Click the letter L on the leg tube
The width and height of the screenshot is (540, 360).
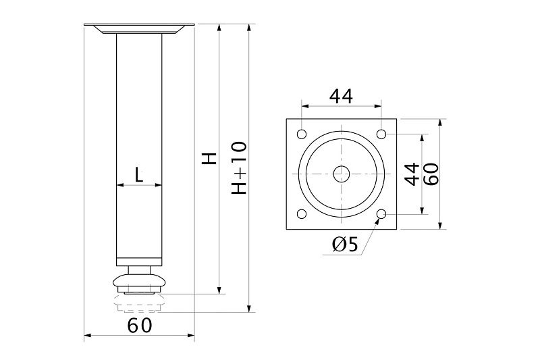click(x=138, y=175)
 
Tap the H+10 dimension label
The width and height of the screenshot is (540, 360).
click(x=239, y=168)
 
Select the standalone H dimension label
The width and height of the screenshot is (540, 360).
click(x=209, y=158)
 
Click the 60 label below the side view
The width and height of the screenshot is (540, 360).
click(x=140, y=326)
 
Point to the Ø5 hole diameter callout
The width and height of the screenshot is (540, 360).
click(x=345, y=245)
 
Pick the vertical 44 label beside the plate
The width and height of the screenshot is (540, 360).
click(x=412, y=174)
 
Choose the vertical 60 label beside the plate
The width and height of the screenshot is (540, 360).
click(x=431, y=174)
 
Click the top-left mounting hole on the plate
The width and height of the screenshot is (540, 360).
click(x=302, y=134)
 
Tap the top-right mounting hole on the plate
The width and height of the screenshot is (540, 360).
click(x=381, y=134)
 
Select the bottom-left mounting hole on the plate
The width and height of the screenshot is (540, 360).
click(x=302, y=214)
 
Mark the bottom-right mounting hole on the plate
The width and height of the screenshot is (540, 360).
click(x=381, y=214)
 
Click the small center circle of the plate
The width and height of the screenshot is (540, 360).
click(x=342, y=174)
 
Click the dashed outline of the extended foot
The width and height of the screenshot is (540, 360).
click(x=139, y=303)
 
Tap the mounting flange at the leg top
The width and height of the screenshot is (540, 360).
click(x=139, y=29)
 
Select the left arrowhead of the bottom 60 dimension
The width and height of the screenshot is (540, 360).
click(x=88, y=335)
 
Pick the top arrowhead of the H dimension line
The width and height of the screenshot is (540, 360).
click(x=219, y=28)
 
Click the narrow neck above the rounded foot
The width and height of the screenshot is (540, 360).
click(x=139, y=270)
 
